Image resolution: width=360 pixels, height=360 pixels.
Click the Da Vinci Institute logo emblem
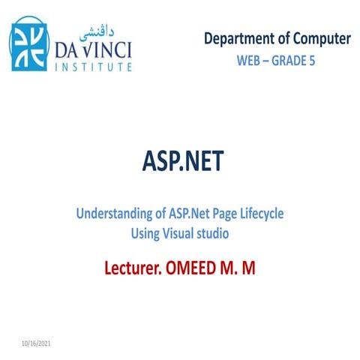coord(28,44)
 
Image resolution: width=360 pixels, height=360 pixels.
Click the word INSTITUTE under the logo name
coord(94,67)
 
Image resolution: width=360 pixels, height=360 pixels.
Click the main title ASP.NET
coord(181,162)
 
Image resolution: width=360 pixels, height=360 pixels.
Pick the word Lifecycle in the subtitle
coord(259,214)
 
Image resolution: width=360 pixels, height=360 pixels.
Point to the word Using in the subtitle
coord(145,234)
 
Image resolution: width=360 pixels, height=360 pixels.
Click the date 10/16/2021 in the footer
coord(35,343)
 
